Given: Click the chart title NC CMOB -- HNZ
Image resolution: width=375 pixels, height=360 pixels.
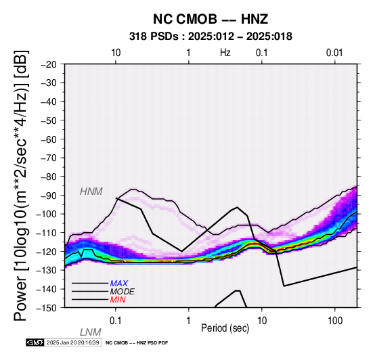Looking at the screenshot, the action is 211,19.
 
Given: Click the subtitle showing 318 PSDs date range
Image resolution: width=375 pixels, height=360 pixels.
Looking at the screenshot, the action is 211,37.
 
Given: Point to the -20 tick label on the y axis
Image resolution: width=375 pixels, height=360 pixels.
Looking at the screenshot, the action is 49,64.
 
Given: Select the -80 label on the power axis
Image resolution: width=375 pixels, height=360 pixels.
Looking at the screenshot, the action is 49,177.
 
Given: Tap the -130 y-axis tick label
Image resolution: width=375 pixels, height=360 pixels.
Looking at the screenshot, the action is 47,270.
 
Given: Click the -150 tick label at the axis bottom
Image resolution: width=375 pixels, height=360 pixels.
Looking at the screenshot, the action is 47,307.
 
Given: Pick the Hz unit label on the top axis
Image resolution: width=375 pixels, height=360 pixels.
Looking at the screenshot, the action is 225,52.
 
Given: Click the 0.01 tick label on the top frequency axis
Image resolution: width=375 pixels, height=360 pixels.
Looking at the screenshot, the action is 334,52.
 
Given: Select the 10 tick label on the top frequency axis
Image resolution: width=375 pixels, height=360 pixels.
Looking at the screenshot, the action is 116,52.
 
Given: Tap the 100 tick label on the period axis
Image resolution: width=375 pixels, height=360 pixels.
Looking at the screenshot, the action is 335,321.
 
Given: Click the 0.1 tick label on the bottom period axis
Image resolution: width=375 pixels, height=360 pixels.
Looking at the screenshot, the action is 115,321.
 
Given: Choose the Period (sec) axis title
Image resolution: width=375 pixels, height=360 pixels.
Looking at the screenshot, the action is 225,328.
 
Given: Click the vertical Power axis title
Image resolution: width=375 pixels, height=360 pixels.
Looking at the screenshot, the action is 21,185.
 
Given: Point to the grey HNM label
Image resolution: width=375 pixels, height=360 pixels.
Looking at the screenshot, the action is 91,192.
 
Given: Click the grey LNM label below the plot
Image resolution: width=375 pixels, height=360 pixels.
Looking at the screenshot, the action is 91,332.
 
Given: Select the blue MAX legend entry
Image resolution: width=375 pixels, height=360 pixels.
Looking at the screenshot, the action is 119,284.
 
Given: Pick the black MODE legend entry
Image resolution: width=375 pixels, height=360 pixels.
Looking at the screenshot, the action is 123,292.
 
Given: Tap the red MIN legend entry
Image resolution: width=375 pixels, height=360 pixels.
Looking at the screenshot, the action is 118,300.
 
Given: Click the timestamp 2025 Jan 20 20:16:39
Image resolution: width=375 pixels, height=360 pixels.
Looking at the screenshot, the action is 73,342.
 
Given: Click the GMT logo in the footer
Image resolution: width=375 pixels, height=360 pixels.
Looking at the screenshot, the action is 35,342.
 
